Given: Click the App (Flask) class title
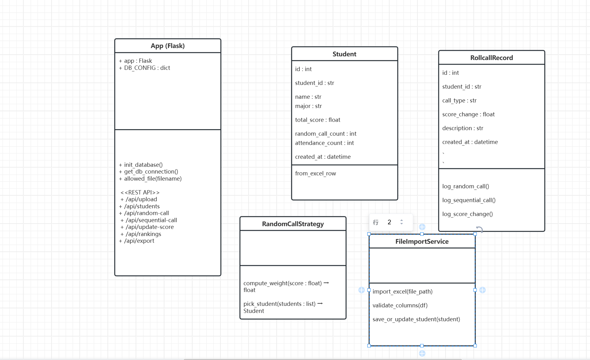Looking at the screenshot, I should tap(168, 46).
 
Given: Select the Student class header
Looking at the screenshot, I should tap(344, 54).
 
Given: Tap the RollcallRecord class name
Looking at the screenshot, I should tap(491, 58).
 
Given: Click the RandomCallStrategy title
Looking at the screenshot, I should tap(293, 224).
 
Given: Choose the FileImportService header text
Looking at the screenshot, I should tap(422, 242).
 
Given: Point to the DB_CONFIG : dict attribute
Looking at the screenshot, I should tap(147, 68).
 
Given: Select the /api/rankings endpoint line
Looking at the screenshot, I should tap(143, 234).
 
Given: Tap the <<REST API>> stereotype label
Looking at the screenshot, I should tap(140, 193).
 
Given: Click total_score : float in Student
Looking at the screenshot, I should tap(317, 120).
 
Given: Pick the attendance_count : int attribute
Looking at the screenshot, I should tap(324, 143).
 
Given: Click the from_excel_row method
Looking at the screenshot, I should tap(315, 174).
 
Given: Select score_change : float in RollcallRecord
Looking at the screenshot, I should tap(468, 114).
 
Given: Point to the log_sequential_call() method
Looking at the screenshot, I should tap(468, 200).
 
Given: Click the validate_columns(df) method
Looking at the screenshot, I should tap(400, 306).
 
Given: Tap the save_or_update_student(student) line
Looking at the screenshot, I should tap(416, 319).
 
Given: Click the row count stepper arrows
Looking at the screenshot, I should tap(401, 222).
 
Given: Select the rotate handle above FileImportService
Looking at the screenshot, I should tap(479, 229).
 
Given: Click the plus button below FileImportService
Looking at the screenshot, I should tap(422, 354).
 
